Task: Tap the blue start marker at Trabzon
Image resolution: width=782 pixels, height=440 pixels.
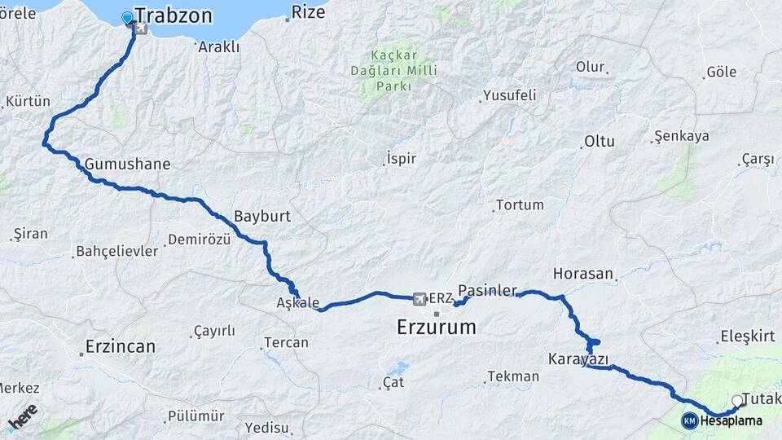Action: pos(127,17)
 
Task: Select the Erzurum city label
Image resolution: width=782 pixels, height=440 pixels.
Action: pos(436,328)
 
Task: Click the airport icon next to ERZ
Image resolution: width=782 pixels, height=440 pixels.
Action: pos(420,299)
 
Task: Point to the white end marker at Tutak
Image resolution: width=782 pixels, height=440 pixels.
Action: pos(737,400)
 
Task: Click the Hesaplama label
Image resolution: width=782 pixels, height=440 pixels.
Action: pos(731,421)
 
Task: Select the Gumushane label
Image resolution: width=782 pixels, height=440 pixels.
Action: pos(127,164)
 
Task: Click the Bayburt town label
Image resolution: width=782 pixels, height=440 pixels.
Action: pos(262,217)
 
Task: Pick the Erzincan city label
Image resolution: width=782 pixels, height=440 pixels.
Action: pos(120,346)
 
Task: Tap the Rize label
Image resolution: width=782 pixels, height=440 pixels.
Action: pos(308,11)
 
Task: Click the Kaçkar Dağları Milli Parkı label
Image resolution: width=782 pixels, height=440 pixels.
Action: pos(399,72)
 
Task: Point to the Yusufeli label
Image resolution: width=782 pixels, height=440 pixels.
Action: pos(510,95)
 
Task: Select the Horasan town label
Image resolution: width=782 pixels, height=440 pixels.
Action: pos(582,274)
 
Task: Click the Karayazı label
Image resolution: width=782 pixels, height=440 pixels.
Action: pos(578,359)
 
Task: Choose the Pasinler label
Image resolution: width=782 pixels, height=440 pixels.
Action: pos(488,290)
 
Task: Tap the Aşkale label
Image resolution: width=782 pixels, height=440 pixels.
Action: pos(298,303)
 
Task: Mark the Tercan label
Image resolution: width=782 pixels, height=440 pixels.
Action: pos(286,342)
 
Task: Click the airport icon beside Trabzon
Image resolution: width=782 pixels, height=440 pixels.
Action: pos(142,29)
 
